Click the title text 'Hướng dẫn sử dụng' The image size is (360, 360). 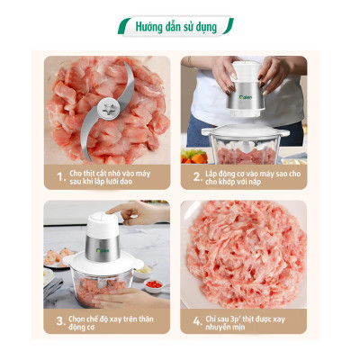point(176,27)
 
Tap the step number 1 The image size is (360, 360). point(60,176)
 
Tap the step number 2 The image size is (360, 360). point(197,176)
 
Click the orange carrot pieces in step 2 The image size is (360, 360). point(191,156)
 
